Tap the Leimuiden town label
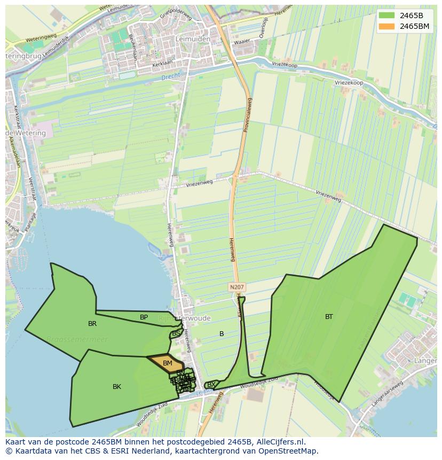[x=192, y=39]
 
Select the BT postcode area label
[x=329, y=317]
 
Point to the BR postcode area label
[x=92, y=324]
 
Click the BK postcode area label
[x=117, y=387]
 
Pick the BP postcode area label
[x=144, y=317]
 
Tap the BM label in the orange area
[x=168, y=363]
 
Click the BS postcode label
[x=176, y=333]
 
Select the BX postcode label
[x=211, y=385]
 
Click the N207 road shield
[x=236, y=287]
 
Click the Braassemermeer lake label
[x=77, y=339]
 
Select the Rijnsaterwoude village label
[x=185, y=318]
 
